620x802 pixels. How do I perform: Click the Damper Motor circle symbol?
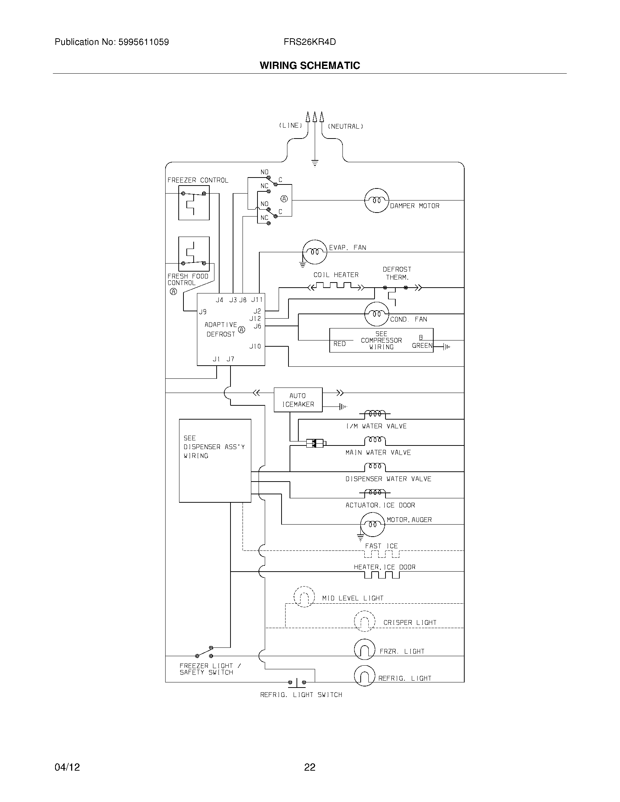376,200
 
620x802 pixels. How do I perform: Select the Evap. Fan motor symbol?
314,252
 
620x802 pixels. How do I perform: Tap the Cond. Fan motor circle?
376,314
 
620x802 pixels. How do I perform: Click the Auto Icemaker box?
298,400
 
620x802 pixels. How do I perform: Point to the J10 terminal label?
255,346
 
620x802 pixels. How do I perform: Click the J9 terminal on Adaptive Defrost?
203,312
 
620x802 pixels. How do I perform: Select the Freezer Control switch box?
194,203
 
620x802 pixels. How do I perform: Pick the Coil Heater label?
336,275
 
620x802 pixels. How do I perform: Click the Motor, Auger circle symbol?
372,525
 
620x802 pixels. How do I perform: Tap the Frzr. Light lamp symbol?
364,650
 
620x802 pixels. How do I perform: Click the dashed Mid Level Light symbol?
304,597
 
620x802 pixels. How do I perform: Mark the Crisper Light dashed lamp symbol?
364,622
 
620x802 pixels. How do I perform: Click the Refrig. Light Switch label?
301,695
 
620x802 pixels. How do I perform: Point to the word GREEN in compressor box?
422,346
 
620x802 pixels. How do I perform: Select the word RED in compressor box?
340,344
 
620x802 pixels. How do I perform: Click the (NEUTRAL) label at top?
345,126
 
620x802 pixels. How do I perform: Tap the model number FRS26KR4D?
310,42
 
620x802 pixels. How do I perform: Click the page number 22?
310,767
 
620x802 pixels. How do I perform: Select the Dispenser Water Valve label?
388,479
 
